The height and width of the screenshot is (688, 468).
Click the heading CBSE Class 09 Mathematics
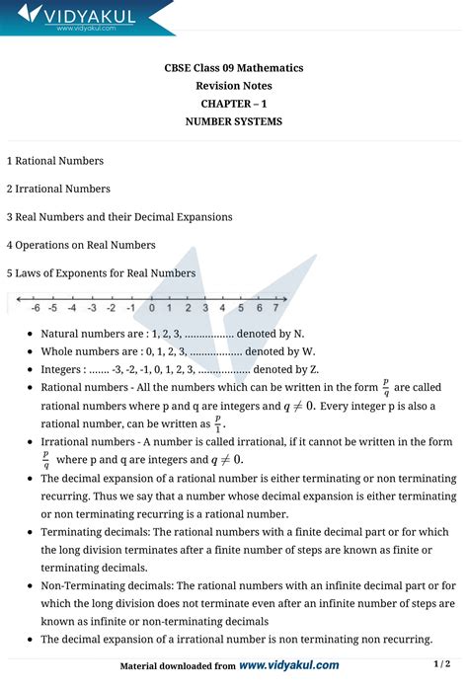[234, 68]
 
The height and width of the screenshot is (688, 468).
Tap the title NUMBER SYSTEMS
[234, 121]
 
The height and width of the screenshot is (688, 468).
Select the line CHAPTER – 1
[234, 104]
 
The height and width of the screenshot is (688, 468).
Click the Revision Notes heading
[234, 86]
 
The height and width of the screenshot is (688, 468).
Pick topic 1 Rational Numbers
[54, 160]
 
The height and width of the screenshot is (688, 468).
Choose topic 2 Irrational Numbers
[58, 189]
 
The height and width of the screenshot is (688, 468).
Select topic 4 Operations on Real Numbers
[80, 245]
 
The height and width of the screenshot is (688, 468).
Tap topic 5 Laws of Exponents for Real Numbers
[101, 272]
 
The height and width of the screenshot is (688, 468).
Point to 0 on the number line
[151, 307]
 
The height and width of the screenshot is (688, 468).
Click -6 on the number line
[35, 307]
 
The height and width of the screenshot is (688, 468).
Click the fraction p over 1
[218, 422]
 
